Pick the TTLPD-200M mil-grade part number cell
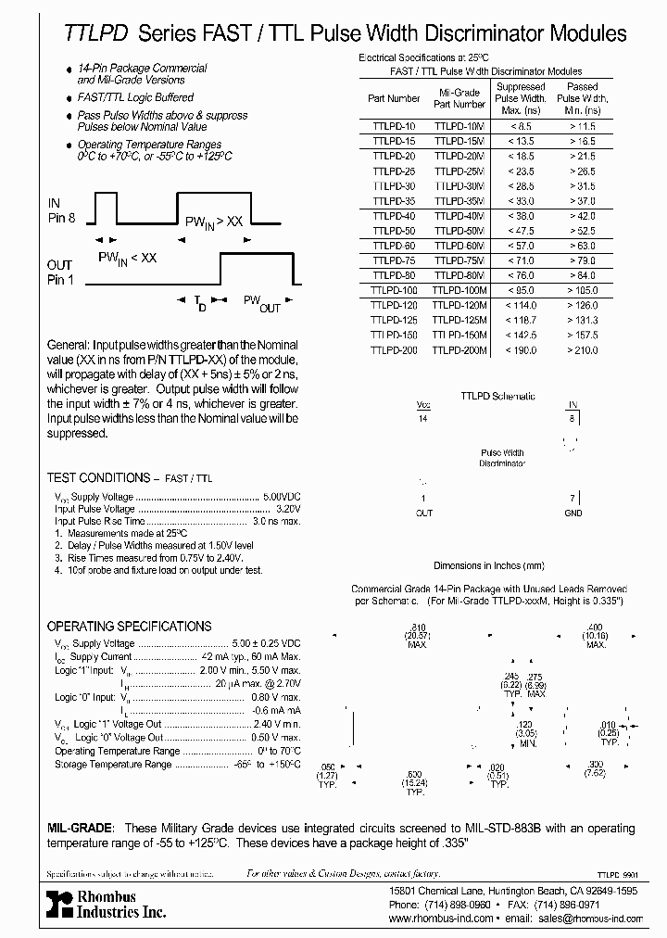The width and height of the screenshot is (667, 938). pyautogui.click(x=460, y=349)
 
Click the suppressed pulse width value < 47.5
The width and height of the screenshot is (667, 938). pyautogui.click(x=521, y=230)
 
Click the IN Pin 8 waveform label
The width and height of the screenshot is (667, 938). pyautogui.click(x=57, y=210)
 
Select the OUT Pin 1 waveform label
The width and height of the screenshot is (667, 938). pyautogui.click(x=60, y=273)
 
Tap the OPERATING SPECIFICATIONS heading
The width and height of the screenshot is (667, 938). pyautogui.click(x=129, y=627)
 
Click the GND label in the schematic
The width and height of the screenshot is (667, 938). pyautogui.click(x=573, y=513)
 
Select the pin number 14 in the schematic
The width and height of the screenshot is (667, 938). pyautogui.click(x=423, y=420)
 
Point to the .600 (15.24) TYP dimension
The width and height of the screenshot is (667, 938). pyautogui.click(x=414, y=781)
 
